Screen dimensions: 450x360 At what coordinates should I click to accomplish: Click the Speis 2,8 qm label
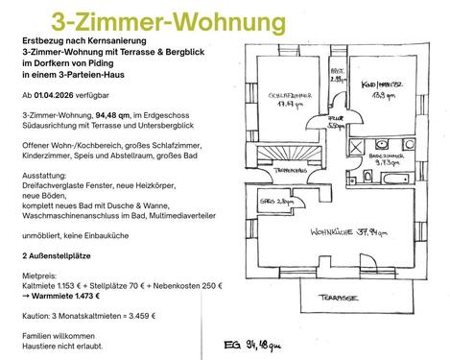pos(275,203)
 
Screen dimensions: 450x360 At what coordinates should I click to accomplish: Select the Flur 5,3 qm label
pos(335,122)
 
